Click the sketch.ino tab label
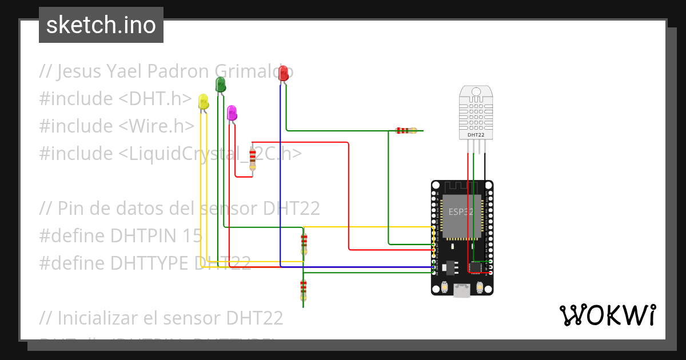point(101,25)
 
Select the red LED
point(283,73)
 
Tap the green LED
point(220,85)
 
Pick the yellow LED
point(204,102)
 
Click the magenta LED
point(232,113)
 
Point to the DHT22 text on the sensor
point(476,135)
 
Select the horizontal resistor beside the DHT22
point(406,130)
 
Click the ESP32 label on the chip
point(461,211)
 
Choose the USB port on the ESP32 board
point(461,291)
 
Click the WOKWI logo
point(607,315)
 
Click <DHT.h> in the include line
point(155,99)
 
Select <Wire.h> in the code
point(157,126)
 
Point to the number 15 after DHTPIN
point(192,236)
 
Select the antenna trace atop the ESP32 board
point(461,187)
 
